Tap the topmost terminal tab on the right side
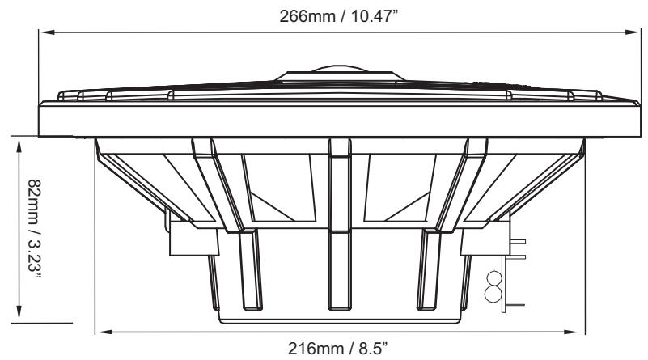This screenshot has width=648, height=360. (x=518, y=240)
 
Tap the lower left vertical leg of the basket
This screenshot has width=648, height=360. (x=251, y=271)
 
